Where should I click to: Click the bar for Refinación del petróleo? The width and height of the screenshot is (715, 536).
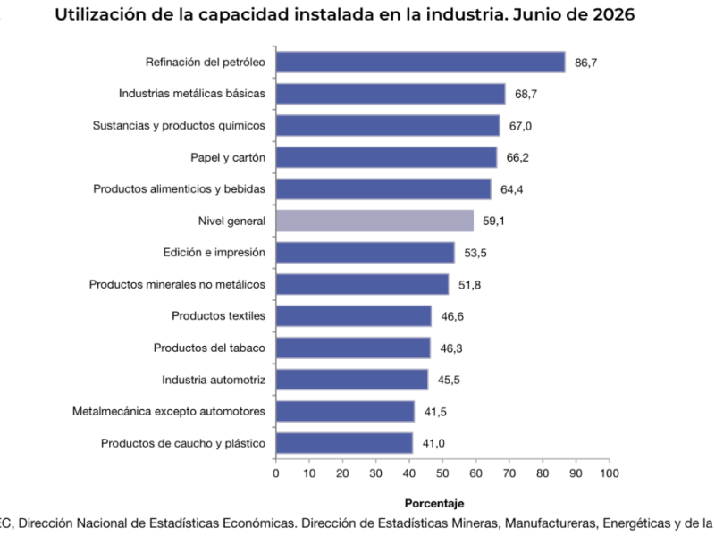(x=420, y=62)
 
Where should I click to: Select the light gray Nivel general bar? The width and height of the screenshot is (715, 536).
(x=374, y=221)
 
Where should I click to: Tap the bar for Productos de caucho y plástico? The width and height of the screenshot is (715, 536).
(x=344, y=443)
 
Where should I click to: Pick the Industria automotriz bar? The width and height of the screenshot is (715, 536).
(x=352, y=380)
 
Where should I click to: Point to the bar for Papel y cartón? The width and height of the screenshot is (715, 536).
(x=386, y=157)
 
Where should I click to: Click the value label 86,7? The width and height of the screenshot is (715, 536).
(x=586, y=63)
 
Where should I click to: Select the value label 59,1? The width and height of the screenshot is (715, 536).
(x=494, y=221)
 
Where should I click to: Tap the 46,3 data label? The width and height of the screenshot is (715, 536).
(x=451, y=348)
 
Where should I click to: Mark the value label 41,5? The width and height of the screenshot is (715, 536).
(x=435, y=412)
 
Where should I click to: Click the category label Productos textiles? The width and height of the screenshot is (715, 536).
(x=218, y=316)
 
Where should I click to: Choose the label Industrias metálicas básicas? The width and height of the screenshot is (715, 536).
(x=192, y=94)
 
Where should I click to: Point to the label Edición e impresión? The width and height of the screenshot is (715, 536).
(x=214, y=253)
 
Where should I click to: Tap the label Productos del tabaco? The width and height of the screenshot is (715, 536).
(x=209, y=348)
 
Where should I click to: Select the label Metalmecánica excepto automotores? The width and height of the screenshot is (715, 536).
(x=169, y=411)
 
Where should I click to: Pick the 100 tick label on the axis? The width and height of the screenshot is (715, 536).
(x=610, y=473)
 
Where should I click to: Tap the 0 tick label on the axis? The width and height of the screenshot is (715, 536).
(x=276, y=473)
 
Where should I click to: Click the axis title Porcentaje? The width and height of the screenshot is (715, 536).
(x=434, y=504)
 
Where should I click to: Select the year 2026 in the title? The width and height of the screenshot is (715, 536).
(x=614, y=14)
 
